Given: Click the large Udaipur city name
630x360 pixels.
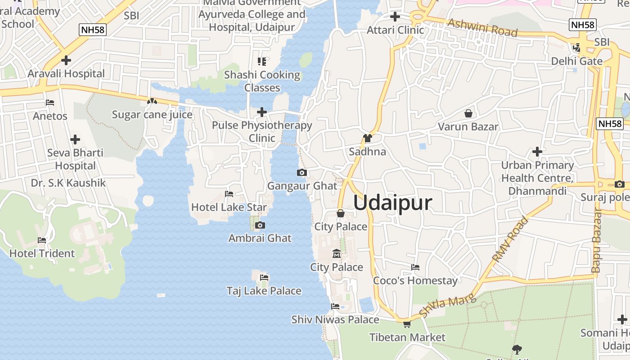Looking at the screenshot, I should [x=392, y=203].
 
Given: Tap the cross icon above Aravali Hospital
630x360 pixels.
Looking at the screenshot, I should [x=66, y=60].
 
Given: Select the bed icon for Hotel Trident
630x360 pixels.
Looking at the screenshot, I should [x=42, y=240].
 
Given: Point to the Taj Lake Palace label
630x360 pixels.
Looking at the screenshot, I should [x=264, y=291].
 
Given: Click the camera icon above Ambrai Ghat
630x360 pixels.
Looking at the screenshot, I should [x=260, y=225].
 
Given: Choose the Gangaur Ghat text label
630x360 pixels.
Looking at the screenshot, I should [x=302, y=186].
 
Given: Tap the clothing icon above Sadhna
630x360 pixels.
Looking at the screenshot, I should [x=368, y=138].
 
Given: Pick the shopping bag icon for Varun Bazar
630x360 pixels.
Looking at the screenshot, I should [x=468, y=113].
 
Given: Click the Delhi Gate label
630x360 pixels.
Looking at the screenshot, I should [x=576, y=61].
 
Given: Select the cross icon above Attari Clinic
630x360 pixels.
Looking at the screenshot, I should [x=395, y=17].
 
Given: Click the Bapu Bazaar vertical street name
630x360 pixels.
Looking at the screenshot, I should [x=597, y=240].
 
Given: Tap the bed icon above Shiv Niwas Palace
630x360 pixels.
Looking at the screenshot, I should [x=335, y=306].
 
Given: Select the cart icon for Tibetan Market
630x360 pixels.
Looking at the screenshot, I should [x=407, y=324].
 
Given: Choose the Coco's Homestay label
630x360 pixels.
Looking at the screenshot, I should [x=415, y=281].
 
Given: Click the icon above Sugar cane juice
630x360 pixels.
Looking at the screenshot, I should [x=152, y=102].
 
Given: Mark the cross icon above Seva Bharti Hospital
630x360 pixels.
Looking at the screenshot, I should [x=75, y=139].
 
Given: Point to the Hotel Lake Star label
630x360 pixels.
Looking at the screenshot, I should [x=229, y=207].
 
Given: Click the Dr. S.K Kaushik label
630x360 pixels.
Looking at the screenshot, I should [x=68, y=183].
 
